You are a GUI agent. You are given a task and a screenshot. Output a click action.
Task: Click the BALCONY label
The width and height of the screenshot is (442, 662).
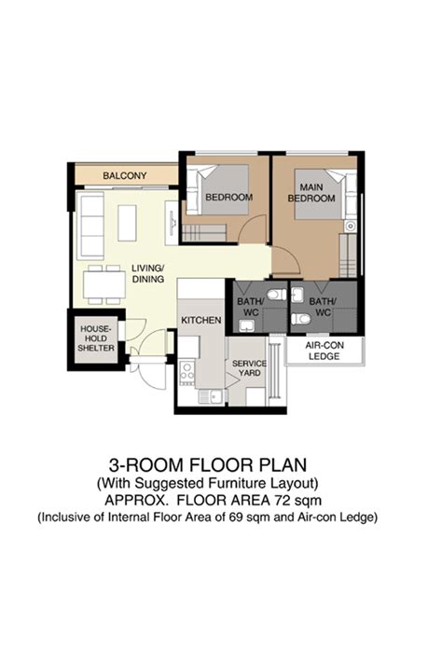(125, 175)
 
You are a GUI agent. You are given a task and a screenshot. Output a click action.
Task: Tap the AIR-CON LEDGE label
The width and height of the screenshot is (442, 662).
(325, 351)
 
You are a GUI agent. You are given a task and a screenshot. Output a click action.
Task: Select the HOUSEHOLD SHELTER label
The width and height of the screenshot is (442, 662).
(96, 338)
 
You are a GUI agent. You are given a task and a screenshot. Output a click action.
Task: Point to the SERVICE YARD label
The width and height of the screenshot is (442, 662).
(249, 368)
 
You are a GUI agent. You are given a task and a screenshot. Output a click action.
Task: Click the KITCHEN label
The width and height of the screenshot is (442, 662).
(200, 321)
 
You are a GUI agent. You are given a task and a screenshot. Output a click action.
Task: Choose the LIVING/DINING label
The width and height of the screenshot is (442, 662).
(147, 273)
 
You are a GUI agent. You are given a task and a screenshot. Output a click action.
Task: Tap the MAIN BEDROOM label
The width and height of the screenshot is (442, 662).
(311, 192)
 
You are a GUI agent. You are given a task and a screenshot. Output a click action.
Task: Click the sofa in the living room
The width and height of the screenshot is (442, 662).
(90, 226)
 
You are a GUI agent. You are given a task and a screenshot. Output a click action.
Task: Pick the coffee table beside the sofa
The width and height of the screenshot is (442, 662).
(127, 223)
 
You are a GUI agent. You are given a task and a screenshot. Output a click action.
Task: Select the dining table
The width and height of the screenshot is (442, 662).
(104, 285)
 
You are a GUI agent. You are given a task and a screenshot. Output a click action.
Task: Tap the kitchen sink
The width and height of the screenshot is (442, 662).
(213, 396)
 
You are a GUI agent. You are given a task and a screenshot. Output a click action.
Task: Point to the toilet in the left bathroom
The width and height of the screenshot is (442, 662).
(277, 294)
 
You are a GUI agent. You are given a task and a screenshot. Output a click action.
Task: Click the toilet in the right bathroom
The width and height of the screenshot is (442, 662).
(301, 318)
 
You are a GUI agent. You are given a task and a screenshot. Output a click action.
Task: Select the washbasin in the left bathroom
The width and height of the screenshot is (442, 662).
(245, 325)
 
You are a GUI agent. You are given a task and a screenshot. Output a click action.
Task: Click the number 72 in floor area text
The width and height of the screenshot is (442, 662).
(283, 501)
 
